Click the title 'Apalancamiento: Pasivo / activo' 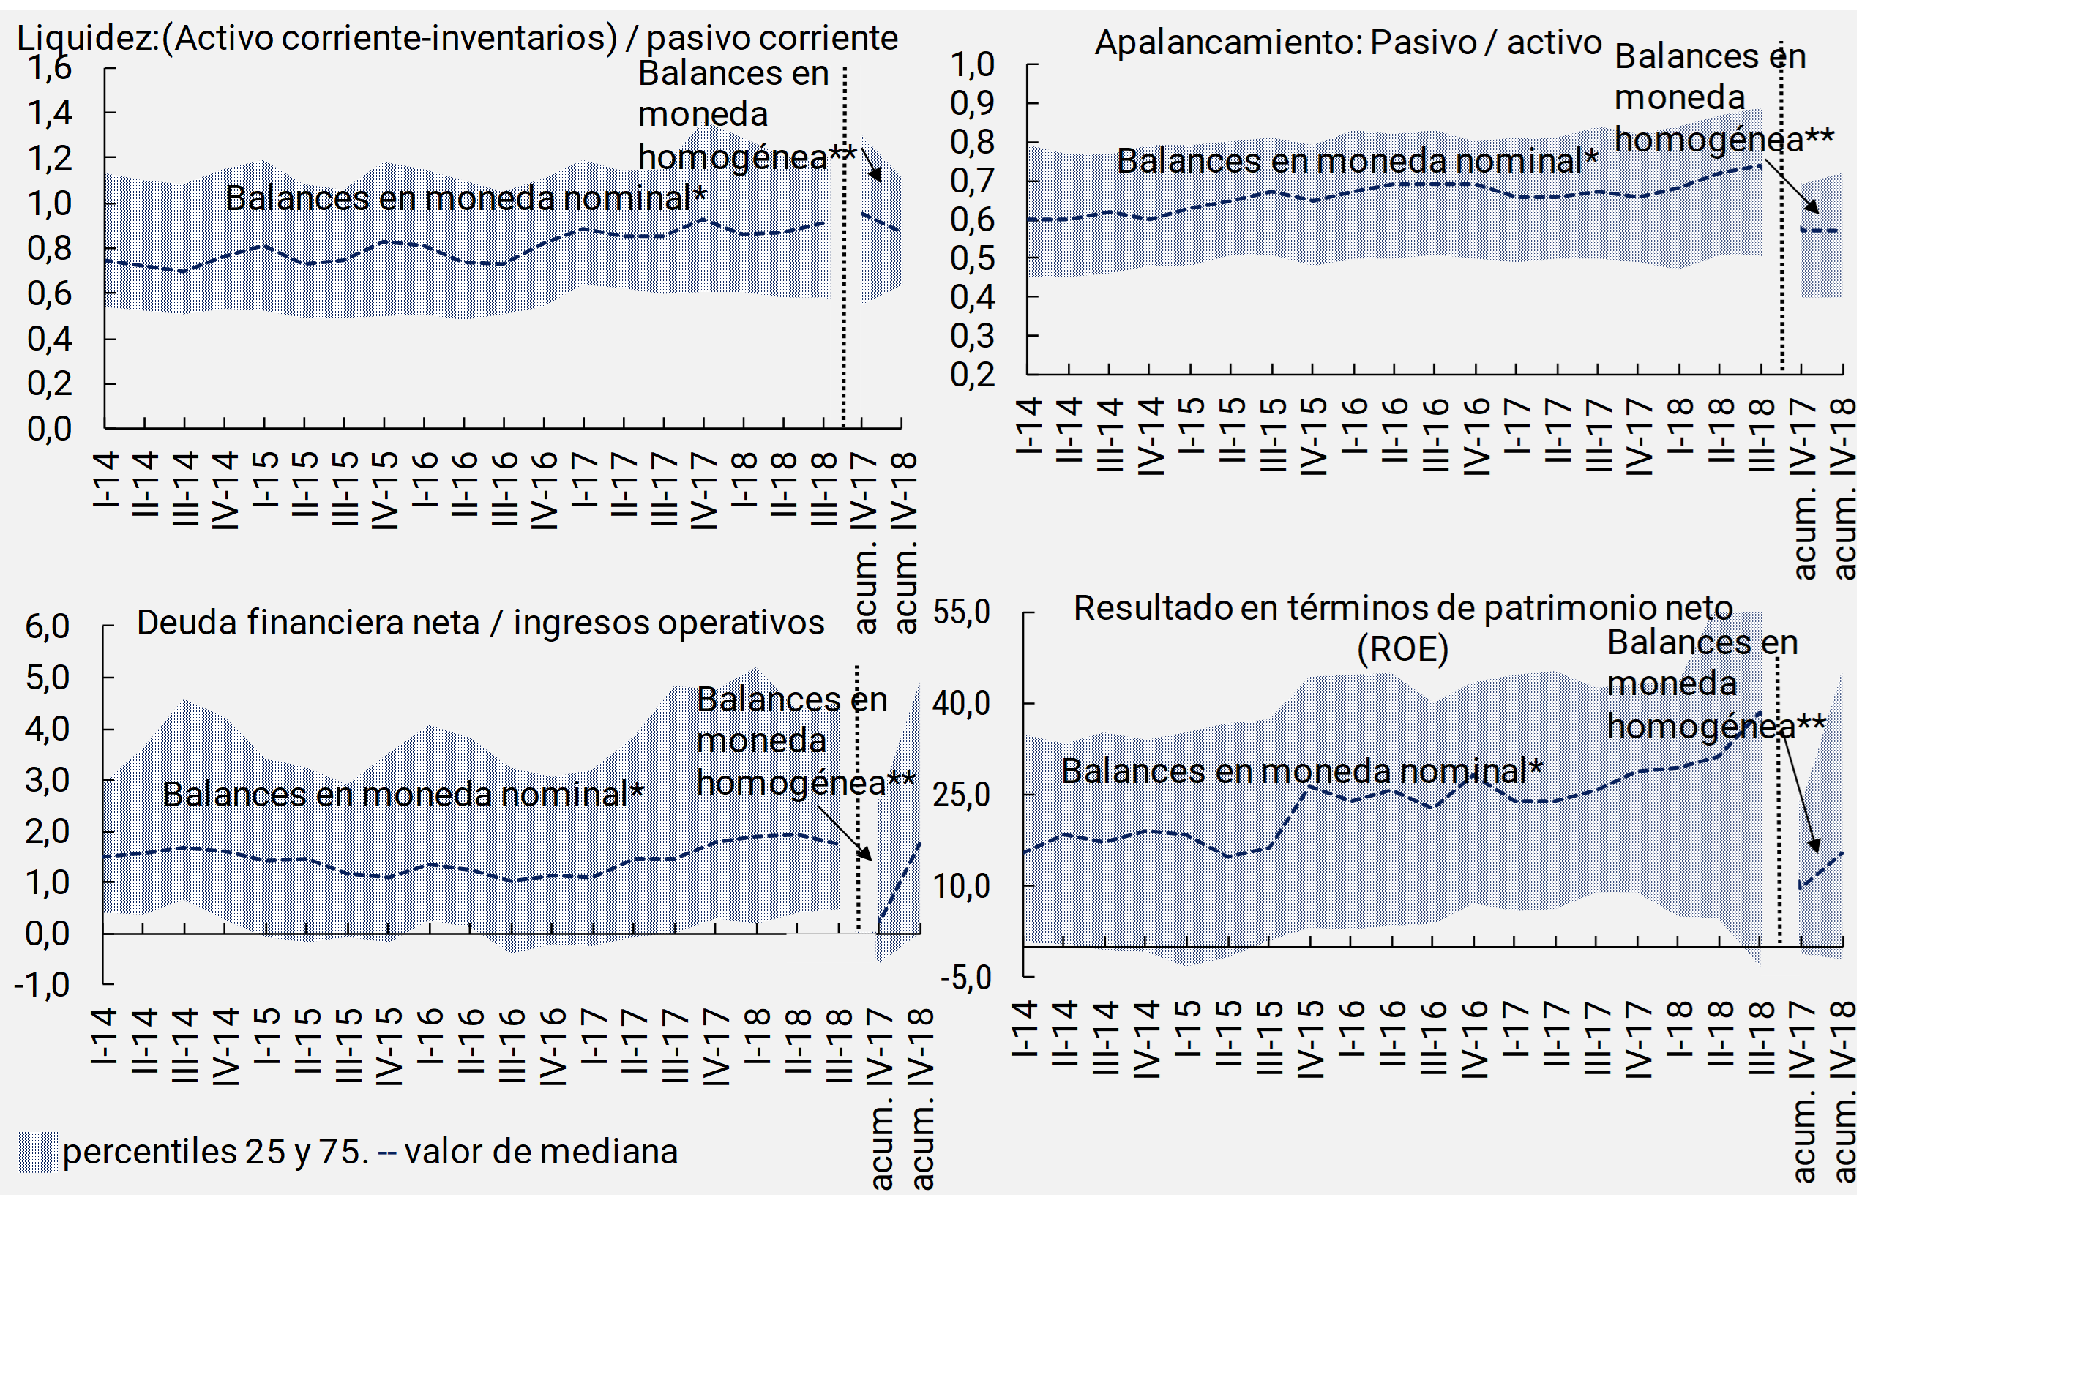1347,42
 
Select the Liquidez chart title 457,38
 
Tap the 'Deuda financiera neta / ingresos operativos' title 480,623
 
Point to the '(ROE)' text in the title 1402,649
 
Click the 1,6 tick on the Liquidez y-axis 50,68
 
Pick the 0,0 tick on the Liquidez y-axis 50,429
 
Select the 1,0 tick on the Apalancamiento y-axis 972,64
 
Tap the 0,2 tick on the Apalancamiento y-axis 972,375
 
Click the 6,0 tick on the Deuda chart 48,626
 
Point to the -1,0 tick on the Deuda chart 42,984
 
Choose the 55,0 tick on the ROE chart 962,612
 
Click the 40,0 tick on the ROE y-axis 962,704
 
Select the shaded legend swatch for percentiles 38,1152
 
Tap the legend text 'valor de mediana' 541,1152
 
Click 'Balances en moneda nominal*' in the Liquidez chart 465,198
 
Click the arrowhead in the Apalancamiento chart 1813,207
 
